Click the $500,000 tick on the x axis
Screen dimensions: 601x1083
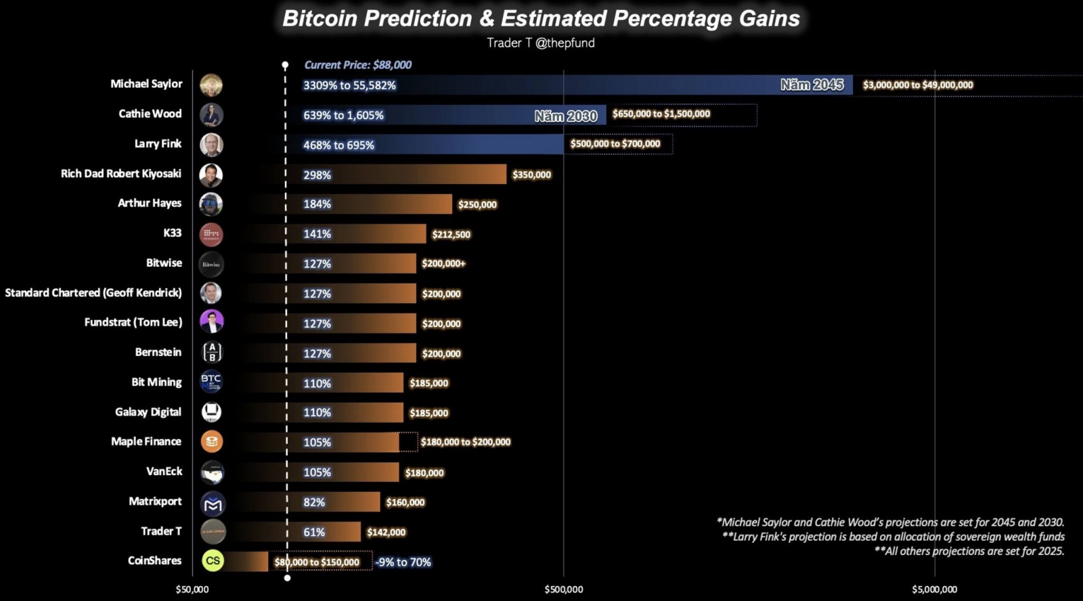pyautogui.click(x=563, y=589)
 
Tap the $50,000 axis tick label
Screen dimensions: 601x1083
pyautogui.click(x=192, y=589)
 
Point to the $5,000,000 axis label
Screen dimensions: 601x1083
pyautogui.click(x=934, y=589)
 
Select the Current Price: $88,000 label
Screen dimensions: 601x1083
pyautogui.click(x=357, y=65)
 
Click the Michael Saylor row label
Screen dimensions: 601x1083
pyautogui.click(x=146, y=84)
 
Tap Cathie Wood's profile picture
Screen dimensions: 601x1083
pyautogui.click(x=211, y=114)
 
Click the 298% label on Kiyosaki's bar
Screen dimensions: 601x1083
pyautogui.click(x=317, y=175)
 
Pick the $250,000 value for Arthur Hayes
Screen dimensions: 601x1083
pyautogui.click(x=477, y=204)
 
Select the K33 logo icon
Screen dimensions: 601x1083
pyautogui.click(x=211, y=234)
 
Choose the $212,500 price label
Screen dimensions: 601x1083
pyautogui.click(x=451, y=234)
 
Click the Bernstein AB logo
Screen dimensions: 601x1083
pyautogui.click(x=212, y=353)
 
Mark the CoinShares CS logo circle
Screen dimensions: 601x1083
pyautogui.click(x=213, y=560)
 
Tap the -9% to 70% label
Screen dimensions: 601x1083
pyautogui.click(x=403, y=562)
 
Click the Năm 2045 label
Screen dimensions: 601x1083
pyautogui.click(x=812, y=85)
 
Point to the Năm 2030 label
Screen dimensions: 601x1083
pyautogui.click(x=565, y=116)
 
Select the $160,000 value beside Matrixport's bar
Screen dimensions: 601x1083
pyautogui.click(x=405, y=502)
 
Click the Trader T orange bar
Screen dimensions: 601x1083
pyautogui.click(x=325, y=532)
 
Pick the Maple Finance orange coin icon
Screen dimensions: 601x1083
pyautogui.click(x=212, y=442)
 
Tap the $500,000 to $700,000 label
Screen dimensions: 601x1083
pyautogui.click(x=615, y=144)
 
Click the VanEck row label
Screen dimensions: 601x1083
pyautogui.click(x=164, y=471)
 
